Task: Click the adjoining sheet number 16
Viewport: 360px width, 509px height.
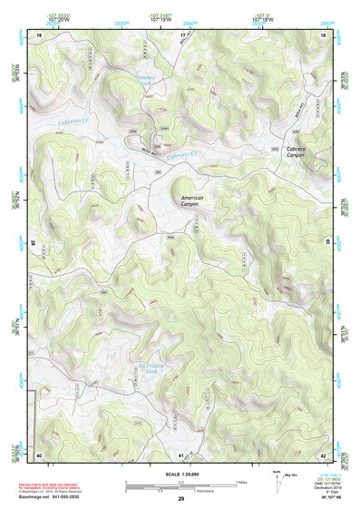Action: tap(40, 34)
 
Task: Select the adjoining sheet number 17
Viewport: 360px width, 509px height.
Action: tap(182, 34)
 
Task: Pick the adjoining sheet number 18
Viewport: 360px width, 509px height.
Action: tap(323, 34)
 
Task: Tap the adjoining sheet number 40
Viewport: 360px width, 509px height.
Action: tap(40, 453)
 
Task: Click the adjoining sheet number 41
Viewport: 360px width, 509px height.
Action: tap(182, 453)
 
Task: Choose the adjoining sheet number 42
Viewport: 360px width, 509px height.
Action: tap(323, 453)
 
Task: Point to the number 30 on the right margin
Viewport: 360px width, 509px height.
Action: tap(327, 243)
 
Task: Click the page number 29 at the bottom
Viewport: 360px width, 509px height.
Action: tap(180, 500)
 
